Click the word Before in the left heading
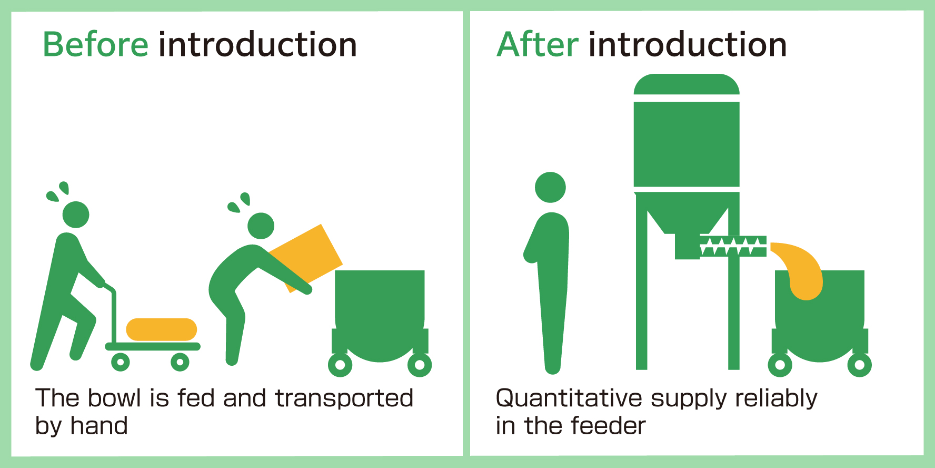(95, 44)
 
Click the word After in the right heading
(538, 44)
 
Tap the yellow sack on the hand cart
(161, 329)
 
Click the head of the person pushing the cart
(76, 214)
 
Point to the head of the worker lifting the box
(261, 226)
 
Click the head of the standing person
(550, 187)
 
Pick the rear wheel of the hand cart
(121, 362)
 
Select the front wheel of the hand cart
(180, 362)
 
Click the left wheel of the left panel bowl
(340, 365)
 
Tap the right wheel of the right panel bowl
(859, 365)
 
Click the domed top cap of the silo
(687, 84)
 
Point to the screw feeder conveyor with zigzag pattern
(733, 246)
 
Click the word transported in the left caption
(344, 398)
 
